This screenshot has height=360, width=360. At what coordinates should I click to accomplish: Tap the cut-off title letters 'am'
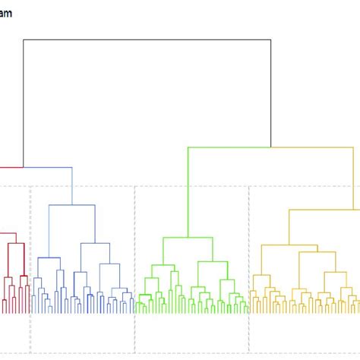point(6,13)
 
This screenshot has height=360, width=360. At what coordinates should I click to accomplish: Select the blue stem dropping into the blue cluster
point(72,186)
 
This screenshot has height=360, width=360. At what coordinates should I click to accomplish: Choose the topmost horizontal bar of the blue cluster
point(72,205)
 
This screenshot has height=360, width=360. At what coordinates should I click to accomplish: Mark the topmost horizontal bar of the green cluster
point(188,236)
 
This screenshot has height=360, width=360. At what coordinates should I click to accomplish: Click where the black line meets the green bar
point(271,147)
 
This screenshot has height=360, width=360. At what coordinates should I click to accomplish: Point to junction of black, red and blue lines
point(24,167)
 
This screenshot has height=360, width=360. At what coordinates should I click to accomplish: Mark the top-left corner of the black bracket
point(24,39)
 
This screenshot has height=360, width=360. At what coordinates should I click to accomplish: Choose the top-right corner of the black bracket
point(271,39)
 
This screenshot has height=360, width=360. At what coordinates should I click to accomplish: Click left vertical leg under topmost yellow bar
point(289,227)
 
